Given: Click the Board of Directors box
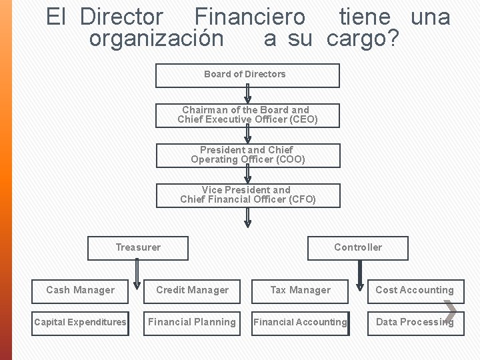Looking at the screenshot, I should click(x=247, y=75).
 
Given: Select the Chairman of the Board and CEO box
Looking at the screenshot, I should click(x=247, y=115).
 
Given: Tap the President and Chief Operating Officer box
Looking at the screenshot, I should click(x=248, y=155).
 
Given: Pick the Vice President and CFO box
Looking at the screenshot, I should click(x=248, y=195).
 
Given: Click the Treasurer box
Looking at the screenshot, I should click(x=138, y=248).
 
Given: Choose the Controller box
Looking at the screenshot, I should click(x=358, y=248).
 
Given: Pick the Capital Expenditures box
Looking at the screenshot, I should click(x=80, y=323).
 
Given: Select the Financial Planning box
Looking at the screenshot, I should click(x=192, y=323).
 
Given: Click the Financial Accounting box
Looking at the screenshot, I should click(x=300, y=323).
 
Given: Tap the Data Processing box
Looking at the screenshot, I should click(x=415, y=323).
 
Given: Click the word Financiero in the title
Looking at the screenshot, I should click(x=250, y=17).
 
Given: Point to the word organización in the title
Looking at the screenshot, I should click(x=157, y=39).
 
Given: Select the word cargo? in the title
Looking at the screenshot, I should click(x=363, y=39).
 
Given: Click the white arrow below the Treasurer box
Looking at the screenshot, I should click(x=137, y=274).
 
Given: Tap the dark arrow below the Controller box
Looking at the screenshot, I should click(x=360, y=274).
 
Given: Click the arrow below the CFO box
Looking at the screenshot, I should click(x=248, y=217).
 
